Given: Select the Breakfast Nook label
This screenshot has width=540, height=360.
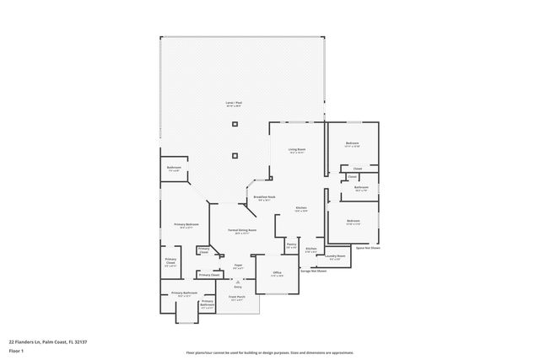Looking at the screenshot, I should point(264,198).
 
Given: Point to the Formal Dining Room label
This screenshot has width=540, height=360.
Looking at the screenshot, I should point(242,230).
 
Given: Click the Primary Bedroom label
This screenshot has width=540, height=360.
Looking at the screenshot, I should point(186,224).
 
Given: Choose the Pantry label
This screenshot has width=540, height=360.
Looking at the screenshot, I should point(291,246).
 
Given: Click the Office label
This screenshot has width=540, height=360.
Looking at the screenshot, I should point(277,273).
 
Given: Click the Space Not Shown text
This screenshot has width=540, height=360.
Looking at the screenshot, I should point(367,248).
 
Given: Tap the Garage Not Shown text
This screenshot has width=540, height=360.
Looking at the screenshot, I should point(314,271).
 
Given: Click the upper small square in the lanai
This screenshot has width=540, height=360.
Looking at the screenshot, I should point(235,125).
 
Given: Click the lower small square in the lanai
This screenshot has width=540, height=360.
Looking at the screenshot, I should point(235,155).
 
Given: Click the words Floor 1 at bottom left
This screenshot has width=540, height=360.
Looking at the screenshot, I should point(16,348).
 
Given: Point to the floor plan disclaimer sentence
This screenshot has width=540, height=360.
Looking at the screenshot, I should point(270,352).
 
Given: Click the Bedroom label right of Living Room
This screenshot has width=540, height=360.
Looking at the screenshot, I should point(353,144).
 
